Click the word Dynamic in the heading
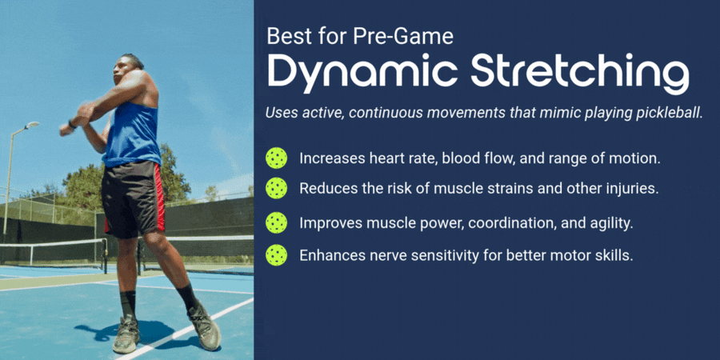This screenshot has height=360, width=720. point(362,72)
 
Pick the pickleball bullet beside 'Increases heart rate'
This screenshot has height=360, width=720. point(277,158)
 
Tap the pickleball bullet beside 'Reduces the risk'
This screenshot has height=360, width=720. point(277,188)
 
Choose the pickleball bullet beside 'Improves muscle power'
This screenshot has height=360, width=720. point(277,222)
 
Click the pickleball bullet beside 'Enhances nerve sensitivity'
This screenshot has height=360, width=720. point(277,255)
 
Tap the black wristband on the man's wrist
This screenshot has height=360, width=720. point(71,124)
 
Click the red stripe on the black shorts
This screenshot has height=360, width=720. point(159,198)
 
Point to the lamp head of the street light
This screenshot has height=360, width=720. point(32,125)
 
